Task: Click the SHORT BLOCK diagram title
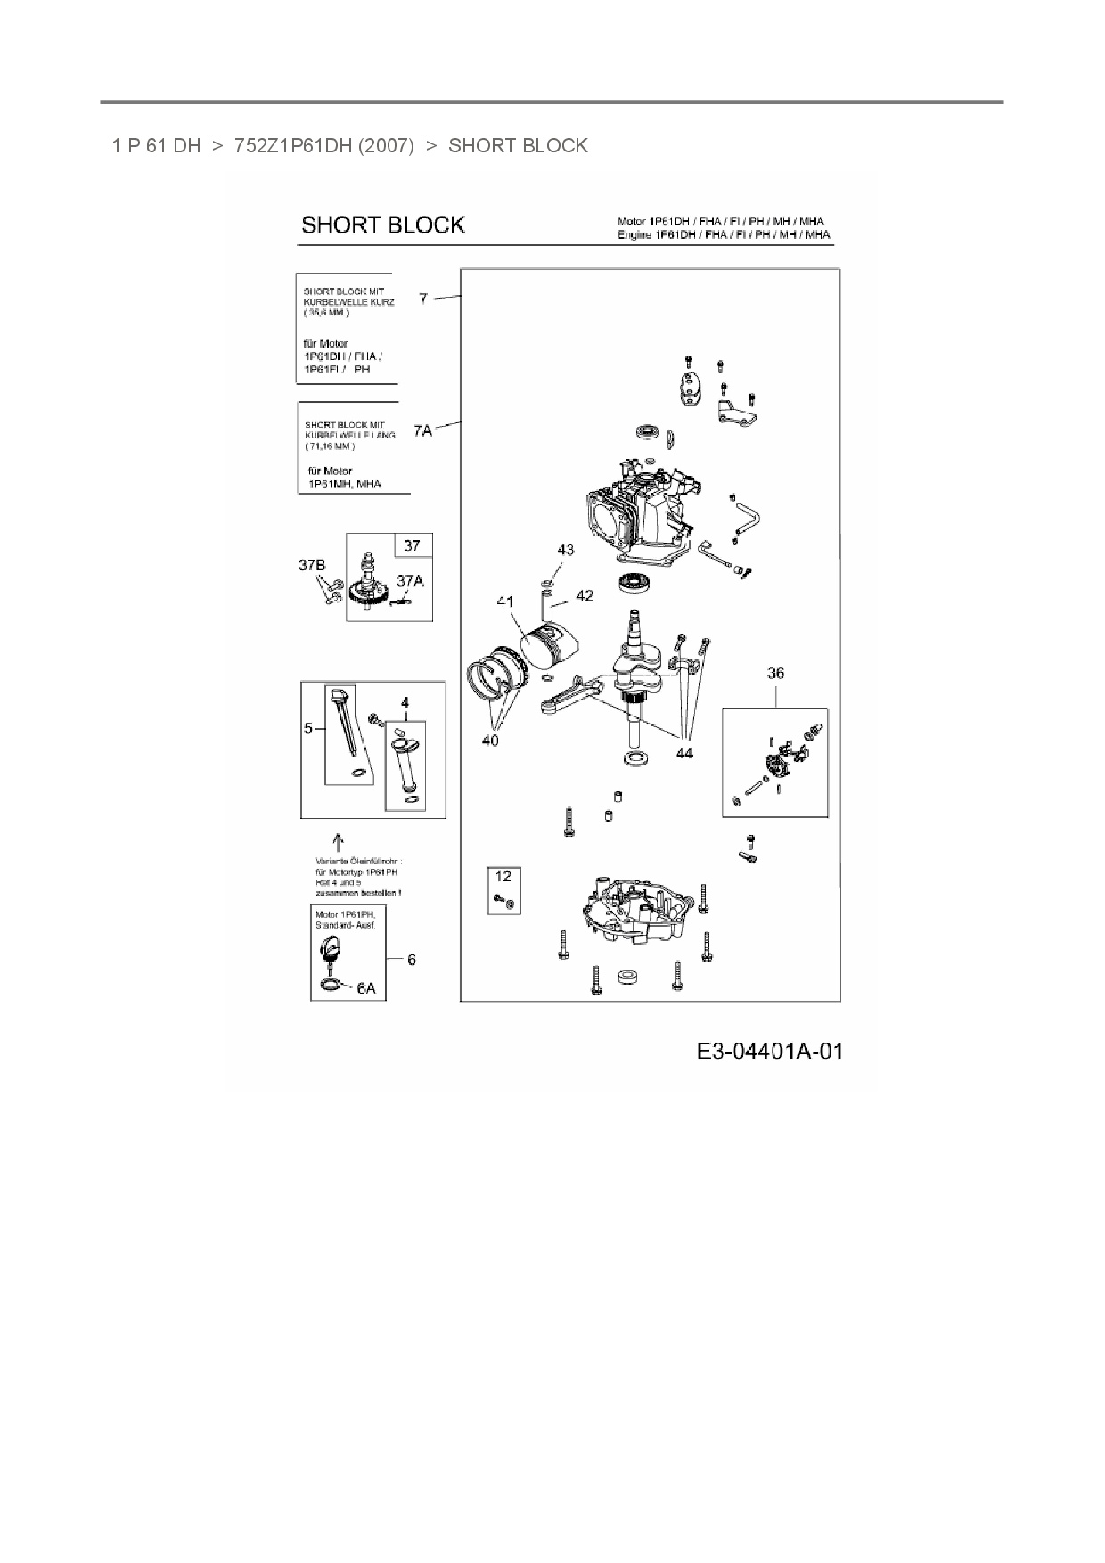click(x=382, y=225)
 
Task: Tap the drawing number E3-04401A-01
click(x=769, y=1052)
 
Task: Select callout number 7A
click(x=422, y=431)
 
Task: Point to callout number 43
click(x=566, y=550)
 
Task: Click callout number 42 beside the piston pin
click(x=584, y=595)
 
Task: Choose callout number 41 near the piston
click(x=505, y=602)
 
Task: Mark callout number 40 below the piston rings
click(x=490, y=740)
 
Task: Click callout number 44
click(x=683, y=753)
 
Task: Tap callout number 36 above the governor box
click(x=775, y=673)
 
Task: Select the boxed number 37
click(x=412, y=545)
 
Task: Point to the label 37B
click(x=312, y=565)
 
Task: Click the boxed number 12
click(x=503, y=877)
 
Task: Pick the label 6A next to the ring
click(x=366, y=988)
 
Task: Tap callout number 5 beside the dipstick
click(x=308, y=728)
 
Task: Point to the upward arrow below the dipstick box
click(x=338, y=840)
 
